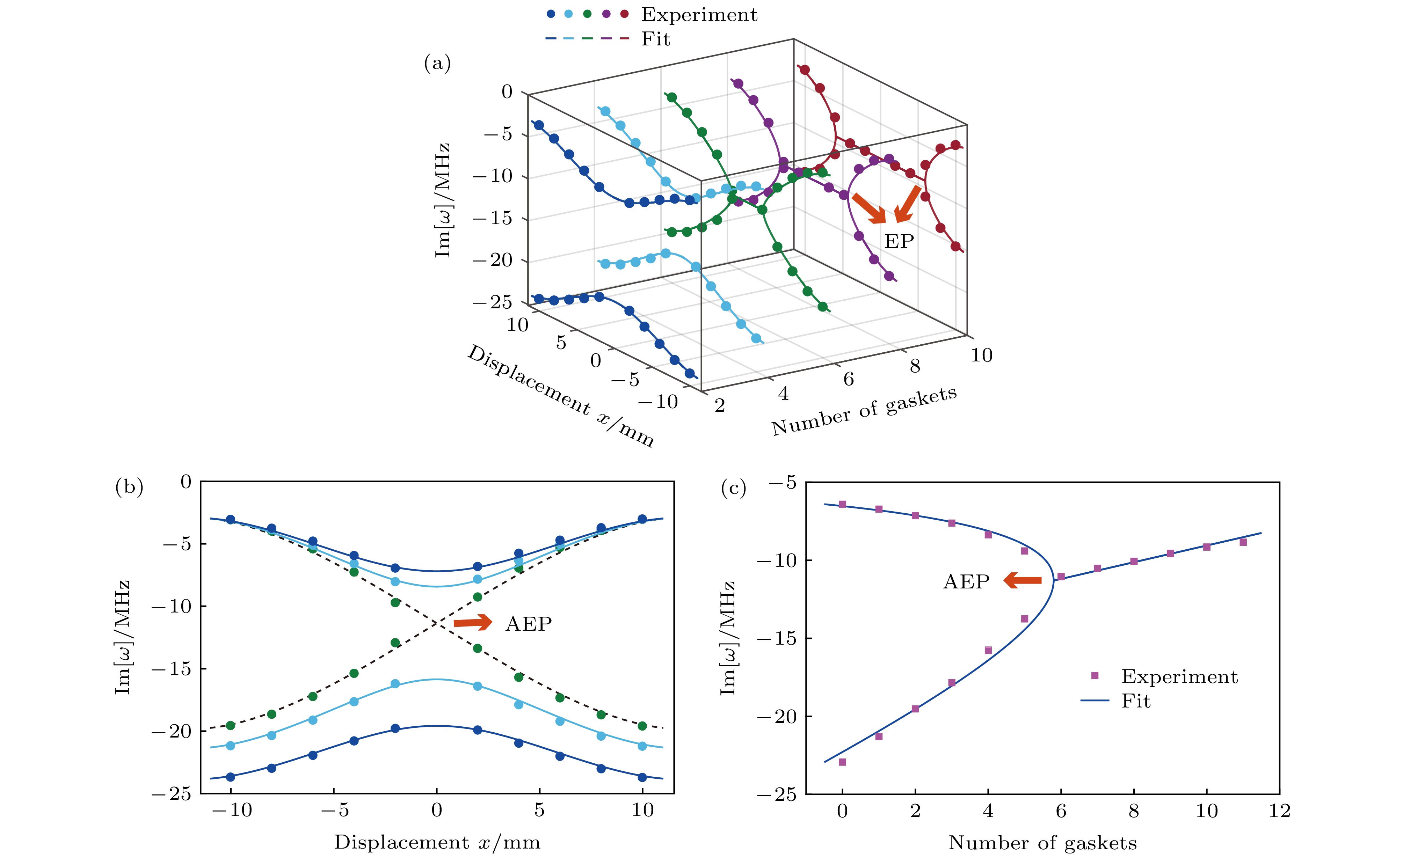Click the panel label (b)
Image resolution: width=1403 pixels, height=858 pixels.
(x=129, y=487)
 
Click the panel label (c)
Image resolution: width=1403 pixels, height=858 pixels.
(x=733, y=488)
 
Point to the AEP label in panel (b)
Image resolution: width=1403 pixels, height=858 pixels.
(x=529, y=624)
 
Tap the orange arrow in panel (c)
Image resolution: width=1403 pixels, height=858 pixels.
(x=1022, y=581)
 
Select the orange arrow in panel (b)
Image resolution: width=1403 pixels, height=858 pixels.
(x=473, y=622)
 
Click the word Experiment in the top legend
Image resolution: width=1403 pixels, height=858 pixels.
(x=699, y=15)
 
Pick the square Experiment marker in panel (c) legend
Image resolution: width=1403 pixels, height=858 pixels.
(x=1095, y=676)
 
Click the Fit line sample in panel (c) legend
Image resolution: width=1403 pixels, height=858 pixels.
(x=1095, y=700)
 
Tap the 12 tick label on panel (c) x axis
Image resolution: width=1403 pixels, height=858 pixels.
(x=1279, y=811)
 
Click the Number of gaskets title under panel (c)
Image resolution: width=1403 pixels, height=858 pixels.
(x=1042, y=843)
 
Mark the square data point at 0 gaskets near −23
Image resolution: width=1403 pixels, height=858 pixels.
(x=842, y=762)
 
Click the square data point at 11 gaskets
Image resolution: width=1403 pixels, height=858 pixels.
(x=1243, y=542)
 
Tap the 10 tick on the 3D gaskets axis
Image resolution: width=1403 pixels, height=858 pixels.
(x=981, y=355)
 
